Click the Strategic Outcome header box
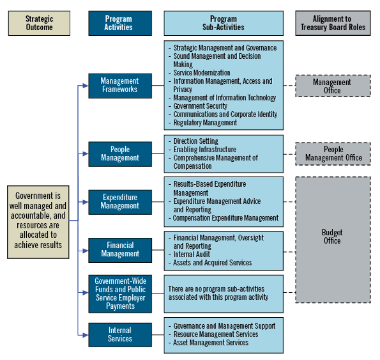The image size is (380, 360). click(39, 23)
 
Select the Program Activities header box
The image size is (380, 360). click(119, 23)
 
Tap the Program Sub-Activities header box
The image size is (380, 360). click(224, 23)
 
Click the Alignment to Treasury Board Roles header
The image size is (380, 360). click(332, 23)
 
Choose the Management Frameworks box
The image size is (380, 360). click(119, 86)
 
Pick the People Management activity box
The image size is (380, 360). click(119, 153)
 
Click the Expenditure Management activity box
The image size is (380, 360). click(119, 201)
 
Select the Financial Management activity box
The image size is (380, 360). click(119, 249)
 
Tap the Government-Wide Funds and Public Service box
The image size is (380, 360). click(119, 293)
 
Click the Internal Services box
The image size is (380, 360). click(119, 334)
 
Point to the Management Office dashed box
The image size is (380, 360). click(332, 86)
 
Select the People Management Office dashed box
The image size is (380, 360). click(332, 153)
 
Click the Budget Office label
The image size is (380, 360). click(332, 237)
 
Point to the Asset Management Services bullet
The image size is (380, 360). click(211, 343)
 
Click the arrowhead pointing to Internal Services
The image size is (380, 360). click(85, 334)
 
